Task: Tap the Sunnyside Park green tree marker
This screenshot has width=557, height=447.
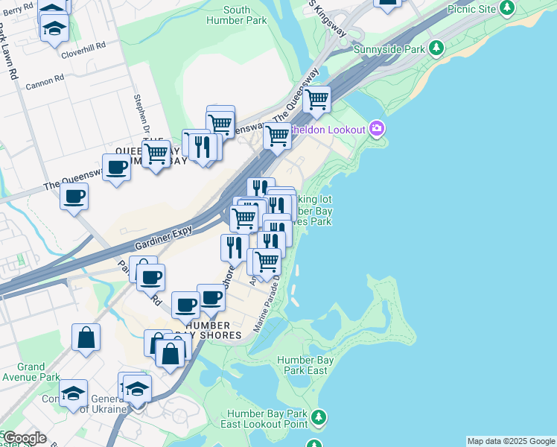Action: [x=436, y=48]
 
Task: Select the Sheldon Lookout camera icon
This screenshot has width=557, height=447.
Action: [x=377, y=130]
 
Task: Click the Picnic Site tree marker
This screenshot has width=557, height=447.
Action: [x=507, y=8]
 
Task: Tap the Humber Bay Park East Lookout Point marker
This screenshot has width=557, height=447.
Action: [x=319, y=416]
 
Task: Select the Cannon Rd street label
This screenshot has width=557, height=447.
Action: [x=40, y=85]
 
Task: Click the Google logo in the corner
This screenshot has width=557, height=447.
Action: [x=24, y=438]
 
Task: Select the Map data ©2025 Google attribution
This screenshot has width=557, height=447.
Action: [x=511, y=441]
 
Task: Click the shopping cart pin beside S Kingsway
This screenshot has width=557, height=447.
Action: [x=317, y=99]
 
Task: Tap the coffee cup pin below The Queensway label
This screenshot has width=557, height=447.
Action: [x=74, y=197]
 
